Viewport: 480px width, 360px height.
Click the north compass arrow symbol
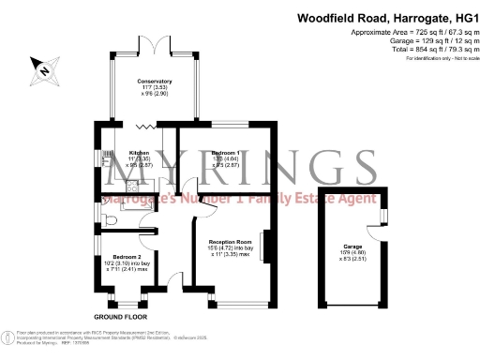[x=42, y=67]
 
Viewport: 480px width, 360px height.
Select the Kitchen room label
[x=139, y=152]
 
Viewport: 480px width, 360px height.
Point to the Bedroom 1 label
[x=225, y=152]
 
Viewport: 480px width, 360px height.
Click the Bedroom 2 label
[x=127, y=256]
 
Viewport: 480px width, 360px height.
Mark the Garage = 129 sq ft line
[x=424, y=41]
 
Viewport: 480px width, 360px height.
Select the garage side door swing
[x=383, y=215]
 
